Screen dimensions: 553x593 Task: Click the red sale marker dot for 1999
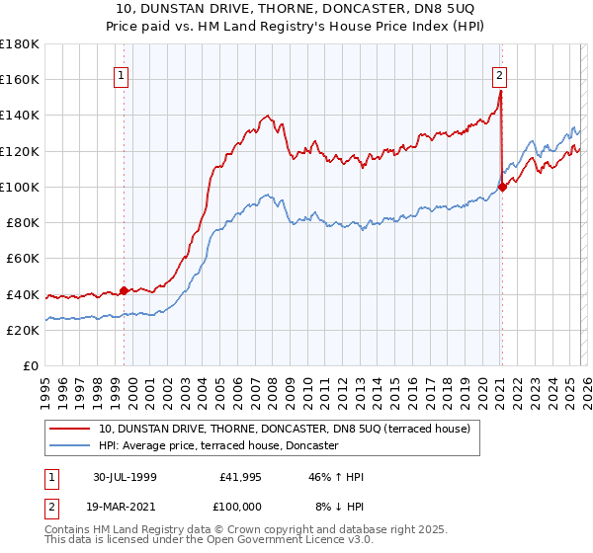[125, 290]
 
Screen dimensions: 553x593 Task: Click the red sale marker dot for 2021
[502, 186]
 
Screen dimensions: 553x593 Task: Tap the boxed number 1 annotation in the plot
[121, 74]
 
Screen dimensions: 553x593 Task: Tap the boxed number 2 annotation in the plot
[500, 74]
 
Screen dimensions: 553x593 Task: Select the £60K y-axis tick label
[23, 258]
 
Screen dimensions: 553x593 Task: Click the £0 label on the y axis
[32, 365]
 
